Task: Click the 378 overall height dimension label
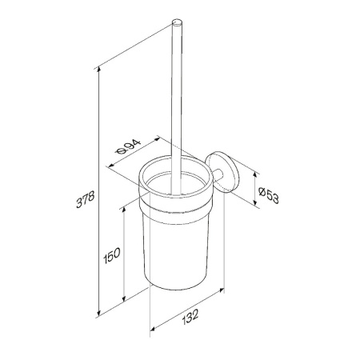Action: pyautogui.click(x=86, y=199)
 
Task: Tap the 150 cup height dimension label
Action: pyautogui.click(x=112, y=255)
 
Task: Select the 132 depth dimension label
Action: pyautogui.click(x=190, y=317)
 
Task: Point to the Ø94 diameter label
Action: pyautogui.click(x=128, y=146)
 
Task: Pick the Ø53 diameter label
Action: pyautogui.click(x=269, y=195)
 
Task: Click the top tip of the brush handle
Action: pyautogui.click(x=177, y=21)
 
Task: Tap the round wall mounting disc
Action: pyautogui.click(x=222, y=172)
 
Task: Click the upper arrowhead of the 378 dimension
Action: pyautogui.click(x=99, y=69)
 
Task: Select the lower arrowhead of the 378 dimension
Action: pyautogui.click(x=99, y=312)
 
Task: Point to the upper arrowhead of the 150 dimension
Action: pyautogui.click(x=123, y=210)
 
